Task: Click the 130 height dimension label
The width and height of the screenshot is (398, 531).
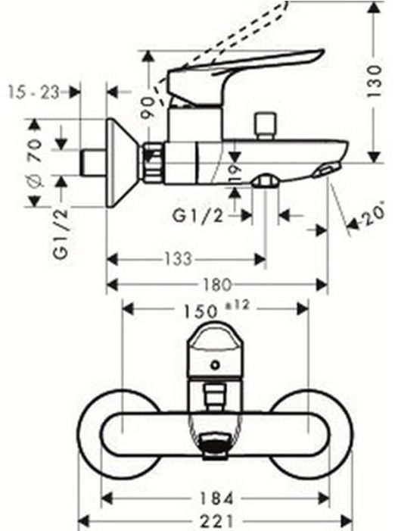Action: point(375,81)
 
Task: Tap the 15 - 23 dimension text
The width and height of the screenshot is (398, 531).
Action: point(33,92)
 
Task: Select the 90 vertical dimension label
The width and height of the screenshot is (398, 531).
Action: point(148,108)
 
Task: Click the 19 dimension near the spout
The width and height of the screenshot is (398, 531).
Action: point(235,173)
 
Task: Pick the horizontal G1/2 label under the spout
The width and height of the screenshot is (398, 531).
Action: point(198,216)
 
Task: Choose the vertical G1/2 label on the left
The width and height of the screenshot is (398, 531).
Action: point(61,233)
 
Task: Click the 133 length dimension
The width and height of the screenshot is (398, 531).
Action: point(179,259)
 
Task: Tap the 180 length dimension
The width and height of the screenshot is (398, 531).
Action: point(216,285)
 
